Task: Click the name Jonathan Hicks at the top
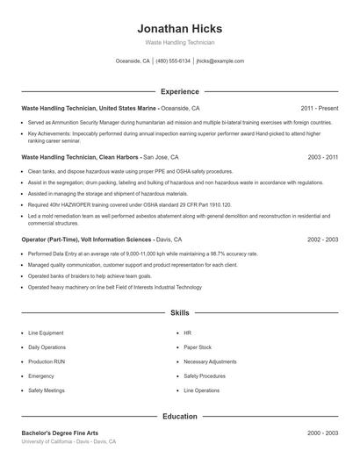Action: [x=179, y=28]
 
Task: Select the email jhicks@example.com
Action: [x=220, y=61]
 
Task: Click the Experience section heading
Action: [x=179, y=91]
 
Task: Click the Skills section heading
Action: [x=179, y=312]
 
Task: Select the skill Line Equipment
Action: [x=46, y=333]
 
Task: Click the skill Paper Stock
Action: [x=198, y=347]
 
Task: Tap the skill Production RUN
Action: [x=46, y=361]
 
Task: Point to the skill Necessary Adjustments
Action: [x=210, y=361]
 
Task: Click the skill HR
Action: [x=187, y=333]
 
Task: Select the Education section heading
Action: [x=179, y=416]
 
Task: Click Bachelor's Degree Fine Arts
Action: [x=60, y=433]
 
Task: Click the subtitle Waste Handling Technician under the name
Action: [x=179, y=42]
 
